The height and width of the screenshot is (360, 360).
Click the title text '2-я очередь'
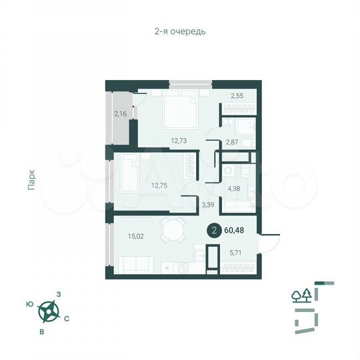(179, 31)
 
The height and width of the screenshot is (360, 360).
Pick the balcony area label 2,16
(121, 114)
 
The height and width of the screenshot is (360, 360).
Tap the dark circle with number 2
(214, 231)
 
